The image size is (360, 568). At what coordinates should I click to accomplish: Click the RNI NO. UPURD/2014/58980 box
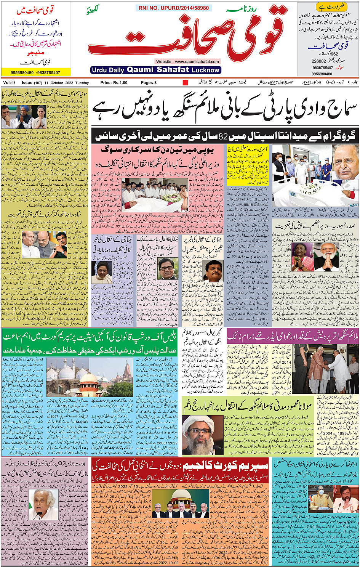[x=172, y=8]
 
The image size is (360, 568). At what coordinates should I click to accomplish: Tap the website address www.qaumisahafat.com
[x=187, y=61]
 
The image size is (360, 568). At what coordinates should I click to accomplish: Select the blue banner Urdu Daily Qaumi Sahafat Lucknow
[x=156, y=70]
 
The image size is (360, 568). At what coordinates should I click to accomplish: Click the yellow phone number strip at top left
[x=36, y=72]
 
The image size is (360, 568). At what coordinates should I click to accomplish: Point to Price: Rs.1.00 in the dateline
[x=114, y=83]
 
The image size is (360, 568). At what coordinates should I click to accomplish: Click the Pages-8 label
[x=149, y=83]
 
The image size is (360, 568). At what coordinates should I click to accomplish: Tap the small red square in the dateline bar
[x=186, y=83]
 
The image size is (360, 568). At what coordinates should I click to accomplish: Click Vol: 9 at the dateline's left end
[x=9, y=83]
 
